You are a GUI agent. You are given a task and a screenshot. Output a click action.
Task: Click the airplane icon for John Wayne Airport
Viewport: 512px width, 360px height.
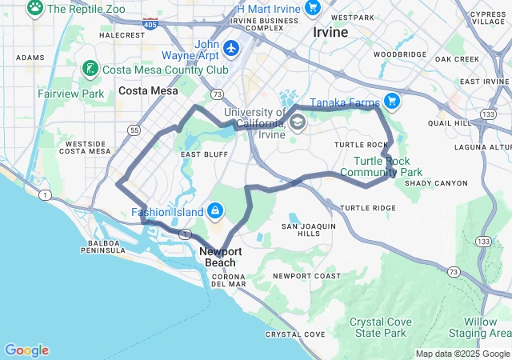tap(232, 48)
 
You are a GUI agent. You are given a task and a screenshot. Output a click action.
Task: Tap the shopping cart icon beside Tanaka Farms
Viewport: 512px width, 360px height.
tap(391, 101)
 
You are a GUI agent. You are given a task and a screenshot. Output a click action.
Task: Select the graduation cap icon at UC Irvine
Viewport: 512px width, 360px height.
tap(298, 122)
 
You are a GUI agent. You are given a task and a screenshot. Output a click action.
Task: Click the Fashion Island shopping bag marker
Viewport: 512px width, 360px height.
tap(214, 211)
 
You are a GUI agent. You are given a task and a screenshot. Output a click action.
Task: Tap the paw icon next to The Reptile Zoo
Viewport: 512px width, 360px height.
tap(35, 8)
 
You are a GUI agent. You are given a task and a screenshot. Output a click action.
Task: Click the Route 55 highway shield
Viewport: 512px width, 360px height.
tap(134, 130)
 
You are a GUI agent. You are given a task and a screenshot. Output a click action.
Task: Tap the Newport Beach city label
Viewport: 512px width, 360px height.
tap(218, 257)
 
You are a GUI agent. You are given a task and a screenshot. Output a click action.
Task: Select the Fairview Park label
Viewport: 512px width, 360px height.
tap(70, 94)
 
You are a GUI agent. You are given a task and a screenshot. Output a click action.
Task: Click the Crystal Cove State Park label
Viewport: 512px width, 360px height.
tap(380, 327)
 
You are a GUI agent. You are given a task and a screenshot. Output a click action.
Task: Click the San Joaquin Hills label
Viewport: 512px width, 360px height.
tap(308, 230)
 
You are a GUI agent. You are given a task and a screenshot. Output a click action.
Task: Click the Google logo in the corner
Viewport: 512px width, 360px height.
tap(26, 350)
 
